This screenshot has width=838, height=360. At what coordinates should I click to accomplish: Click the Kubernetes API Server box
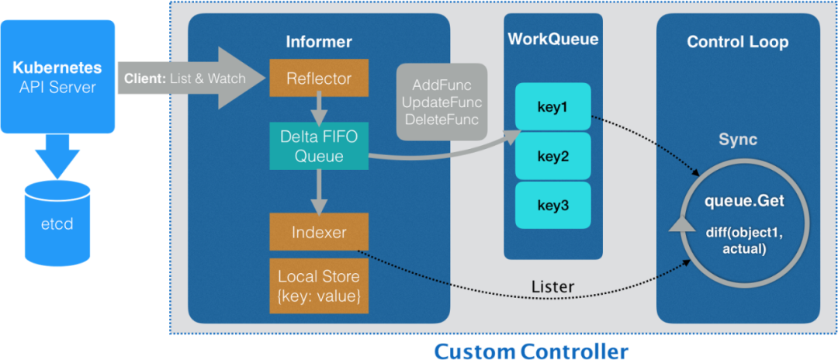57,76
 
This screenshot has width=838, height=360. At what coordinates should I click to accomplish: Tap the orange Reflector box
319,78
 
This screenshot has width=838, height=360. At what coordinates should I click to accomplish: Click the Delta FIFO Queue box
319,147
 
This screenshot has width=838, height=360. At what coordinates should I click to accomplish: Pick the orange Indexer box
319,232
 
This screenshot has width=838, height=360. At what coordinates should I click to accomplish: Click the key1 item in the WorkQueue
553,106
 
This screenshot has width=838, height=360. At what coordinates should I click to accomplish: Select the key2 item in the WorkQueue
553,156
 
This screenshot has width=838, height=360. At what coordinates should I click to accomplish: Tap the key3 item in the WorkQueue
553,205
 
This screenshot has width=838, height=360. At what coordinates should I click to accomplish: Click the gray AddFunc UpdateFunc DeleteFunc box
442,102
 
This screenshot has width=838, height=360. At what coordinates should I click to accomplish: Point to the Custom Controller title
531,351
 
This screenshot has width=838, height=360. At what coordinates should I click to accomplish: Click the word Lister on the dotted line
553,286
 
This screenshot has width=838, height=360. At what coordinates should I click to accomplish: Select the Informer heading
319,41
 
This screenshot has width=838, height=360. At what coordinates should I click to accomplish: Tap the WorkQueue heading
553,39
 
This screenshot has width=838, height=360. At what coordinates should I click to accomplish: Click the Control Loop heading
738,42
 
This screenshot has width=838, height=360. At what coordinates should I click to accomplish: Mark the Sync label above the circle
738,140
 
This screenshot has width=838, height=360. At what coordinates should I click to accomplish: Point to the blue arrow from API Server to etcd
57,156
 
